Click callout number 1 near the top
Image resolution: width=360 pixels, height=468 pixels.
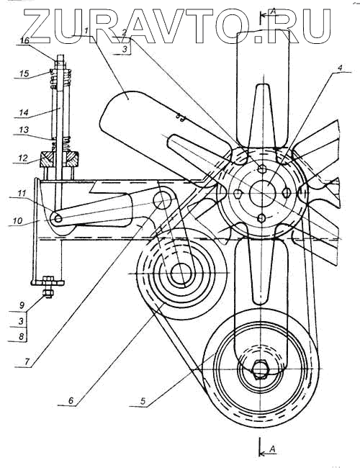coord(86,31)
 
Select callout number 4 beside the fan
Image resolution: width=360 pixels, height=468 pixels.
coord(339,68)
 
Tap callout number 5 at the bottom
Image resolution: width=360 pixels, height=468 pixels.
coord(143,401)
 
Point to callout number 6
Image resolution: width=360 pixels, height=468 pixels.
coord(71,400)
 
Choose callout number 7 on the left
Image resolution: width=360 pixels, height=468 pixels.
coord(27,361)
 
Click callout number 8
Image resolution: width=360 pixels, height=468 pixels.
coord(21,337)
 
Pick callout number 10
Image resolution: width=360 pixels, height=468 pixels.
coord(17,221)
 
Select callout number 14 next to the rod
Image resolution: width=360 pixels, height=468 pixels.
coord(24,112)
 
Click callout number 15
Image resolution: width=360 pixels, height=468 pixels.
coord(24,73)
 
